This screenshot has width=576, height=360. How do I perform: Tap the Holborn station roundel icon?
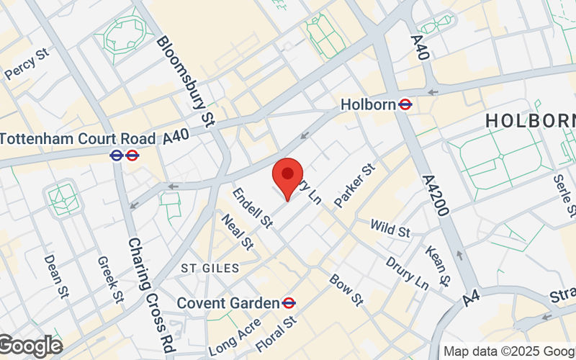pos(405,104)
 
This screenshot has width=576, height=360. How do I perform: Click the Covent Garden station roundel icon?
pos(289,303)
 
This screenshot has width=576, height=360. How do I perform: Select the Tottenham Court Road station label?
pos(78,138)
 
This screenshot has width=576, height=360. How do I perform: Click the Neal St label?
pos(238,233)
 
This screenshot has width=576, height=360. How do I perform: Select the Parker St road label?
pos(355,186)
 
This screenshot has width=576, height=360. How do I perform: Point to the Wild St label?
pos(390,230)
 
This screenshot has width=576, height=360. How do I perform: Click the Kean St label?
pos(437,264)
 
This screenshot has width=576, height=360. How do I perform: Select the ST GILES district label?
pos(210,268)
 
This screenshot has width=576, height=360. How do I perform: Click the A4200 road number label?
pos(436,195)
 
